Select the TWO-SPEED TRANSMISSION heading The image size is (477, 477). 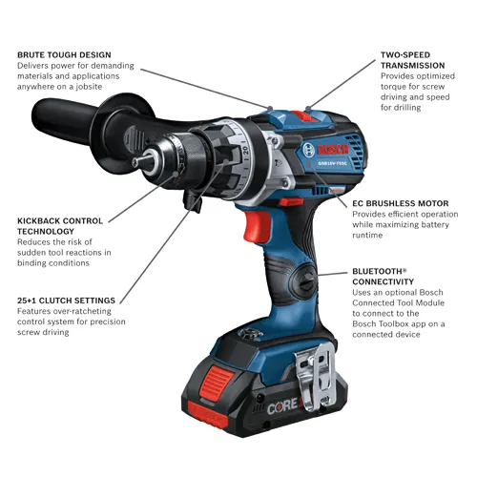[404, 55]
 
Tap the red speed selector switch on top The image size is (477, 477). [303, 117]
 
